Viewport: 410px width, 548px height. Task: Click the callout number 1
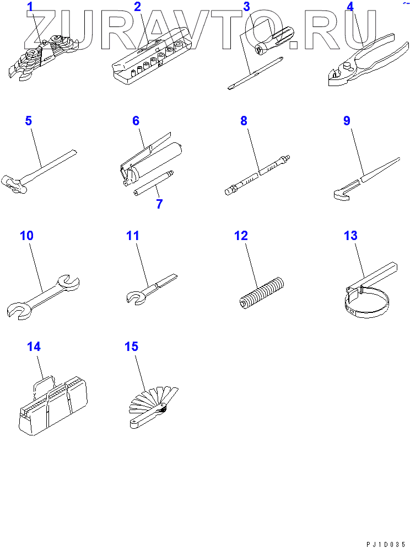click(x=30, y=7)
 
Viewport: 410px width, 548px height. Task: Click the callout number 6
click(x=136, y=121)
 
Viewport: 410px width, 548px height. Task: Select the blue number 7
click(x=159, y=204)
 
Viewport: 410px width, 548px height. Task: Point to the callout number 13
click(x=350, y=236)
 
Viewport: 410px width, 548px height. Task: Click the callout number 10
click(x=26, y=236)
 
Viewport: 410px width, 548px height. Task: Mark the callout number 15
click(x=131, y=347)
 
